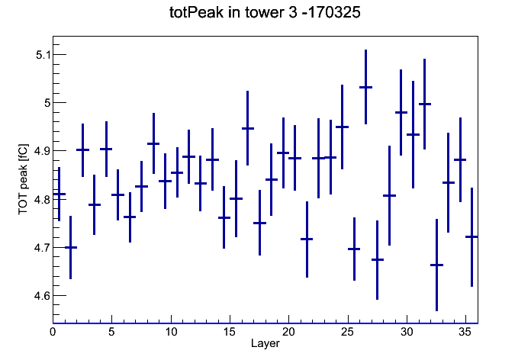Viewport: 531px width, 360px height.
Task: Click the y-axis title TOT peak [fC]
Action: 23,179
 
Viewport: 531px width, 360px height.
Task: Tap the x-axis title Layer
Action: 265,343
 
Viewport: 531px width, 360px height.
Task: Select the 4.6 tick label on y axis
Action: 42,296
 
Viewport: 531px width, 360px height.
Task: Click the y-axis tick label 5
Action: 47,103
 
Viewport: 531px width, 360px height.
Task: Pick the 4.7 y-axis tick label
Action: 42,248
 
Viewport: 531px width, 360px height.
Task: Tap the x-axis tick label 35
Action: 465,332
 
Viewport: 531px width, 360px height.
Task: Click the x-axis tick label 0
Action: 53,332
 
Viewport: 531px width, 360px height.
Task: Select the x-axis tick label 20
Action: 288,332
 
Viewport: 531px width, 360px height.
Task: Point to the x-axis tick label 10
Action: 171,332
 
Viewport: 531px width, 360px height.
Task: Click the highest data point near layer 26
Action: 365,88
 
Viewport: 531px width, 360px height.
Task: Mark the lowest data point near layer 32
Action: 436,265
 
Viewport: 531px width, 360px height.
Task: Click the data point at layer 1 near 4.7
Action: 71,248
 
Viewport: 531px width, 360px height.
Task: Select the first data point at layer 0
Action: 60,194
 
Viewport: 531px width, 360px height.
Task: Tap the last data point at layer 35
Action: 471,236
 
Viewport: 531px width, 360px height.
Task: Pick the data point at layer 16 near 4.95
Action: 247,128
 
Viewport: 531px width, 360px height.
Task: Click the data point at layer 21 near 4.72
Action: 307,239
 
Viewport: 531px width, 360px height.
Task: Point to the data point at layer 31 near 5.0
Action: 425,104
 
